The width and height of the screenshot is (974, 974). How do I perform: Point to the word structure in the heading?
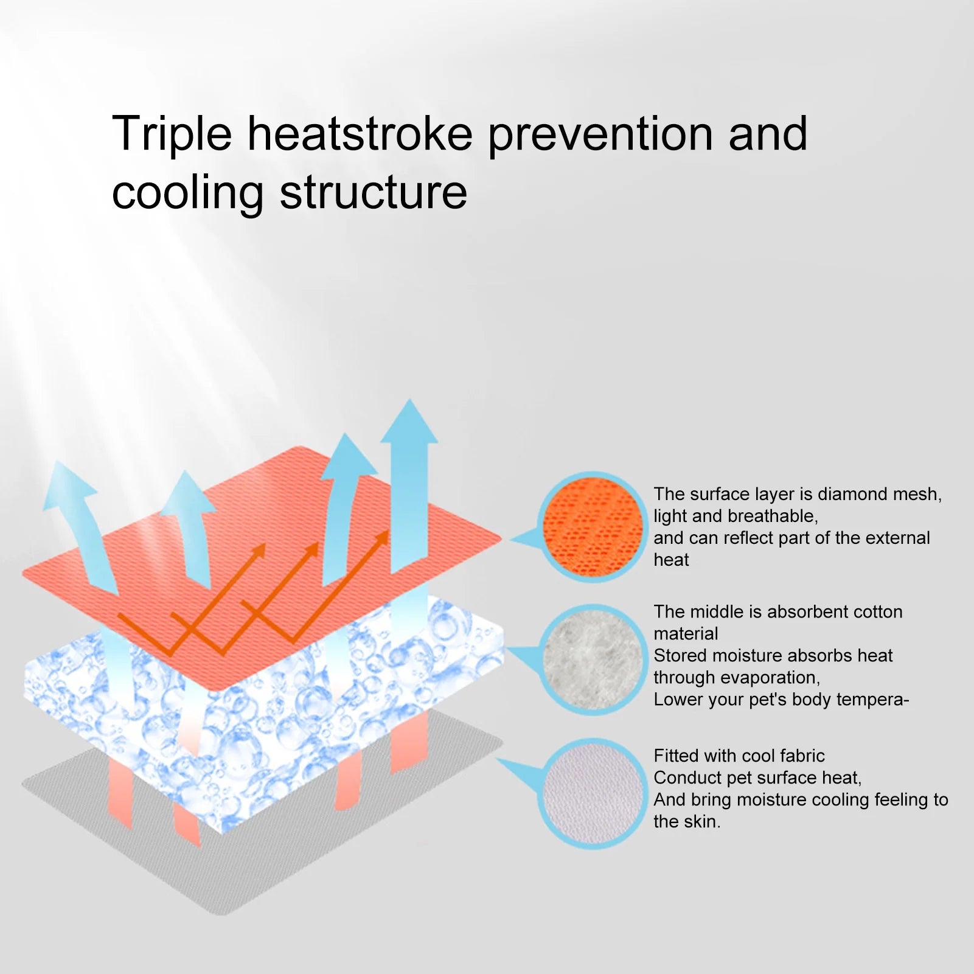click(x=374, y=193)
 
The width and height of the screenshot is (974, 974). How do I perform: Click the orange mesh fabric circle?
click(x=593, y=527)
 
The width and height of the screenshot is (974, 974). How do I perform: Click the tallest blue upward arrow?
click(x=409, y=487)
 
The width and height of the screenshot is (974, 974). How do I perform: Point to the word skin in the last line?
click(x=703, y=821)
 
